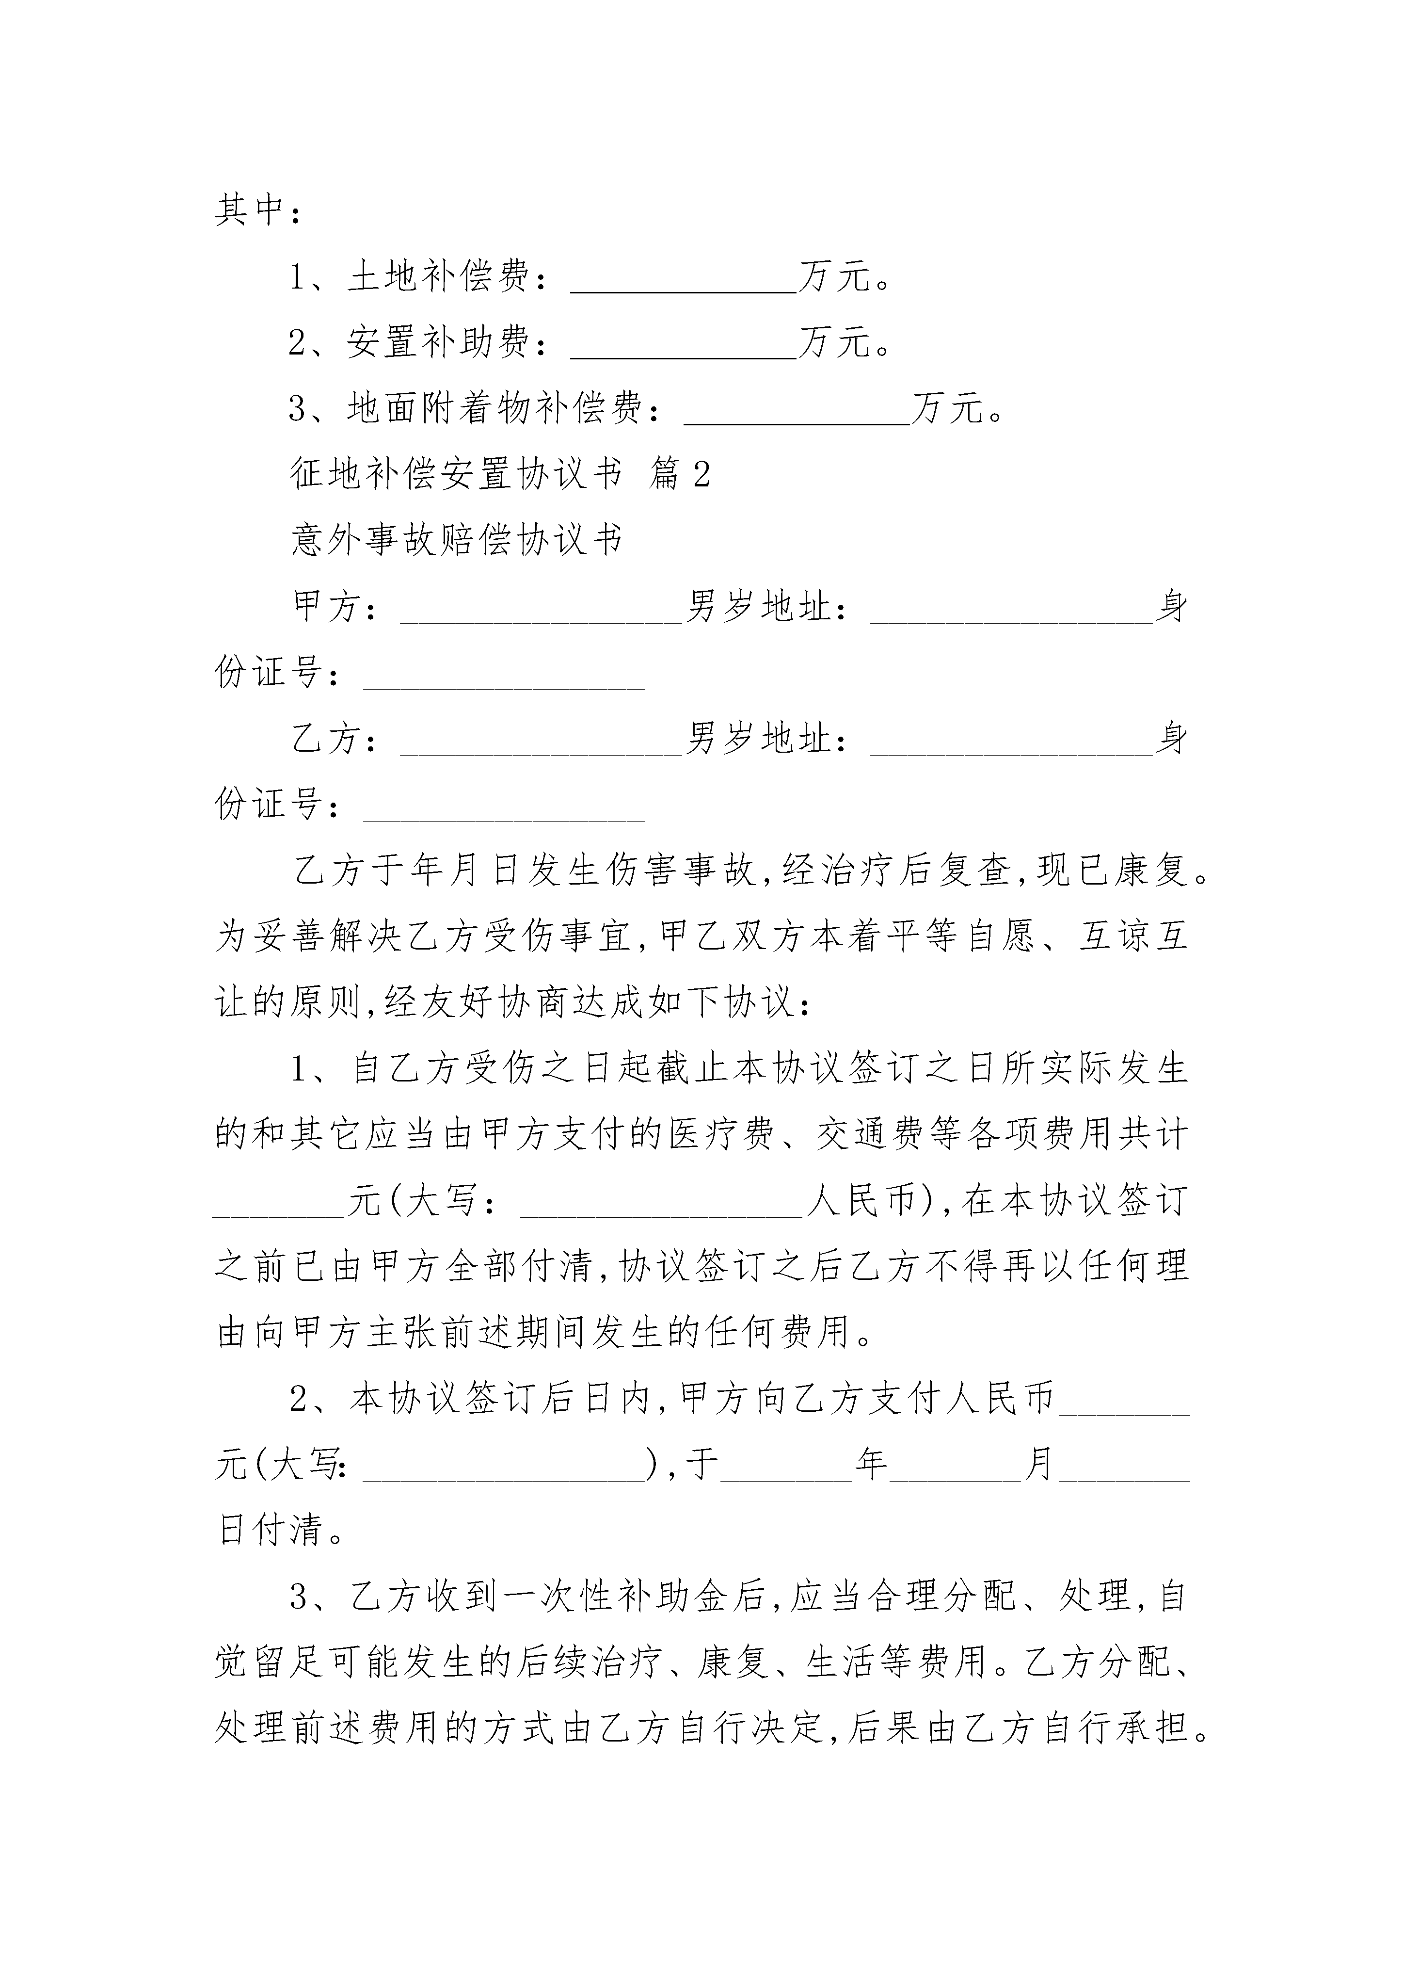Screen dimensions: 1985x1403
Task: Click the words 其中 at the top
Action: click(251, 210)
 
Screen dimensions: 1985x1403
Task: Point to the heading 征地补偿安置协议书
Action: click(456, 474)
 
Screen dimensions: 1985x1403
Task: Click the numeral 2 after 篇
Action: click(701, 474)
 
